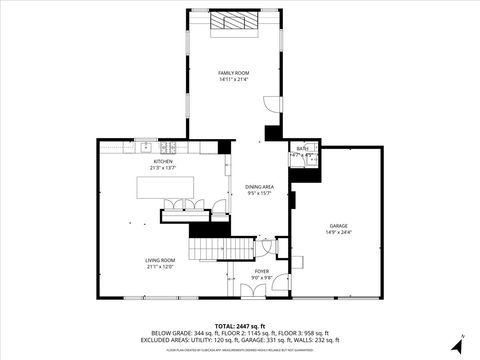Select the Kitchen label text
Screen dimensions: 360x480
[162, 161]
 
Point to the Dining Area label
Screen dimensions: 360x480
[260, 187]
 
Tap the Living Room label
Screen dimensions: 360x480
[160, 260]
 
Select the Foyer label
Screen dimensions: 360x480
[261, 271]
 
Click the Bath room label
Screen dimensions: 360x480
[302, 148]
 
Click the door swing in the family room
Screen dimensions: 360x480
[270, 104]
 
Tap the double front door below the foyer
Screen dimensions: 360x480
[254, 291]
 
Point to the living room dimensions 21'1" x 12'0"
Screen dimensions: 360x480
[160, 266]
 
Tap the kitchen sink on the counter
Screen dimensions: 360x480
[146, 146]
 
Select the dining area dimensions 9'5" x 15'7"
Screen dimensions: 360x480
[260, 193]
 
